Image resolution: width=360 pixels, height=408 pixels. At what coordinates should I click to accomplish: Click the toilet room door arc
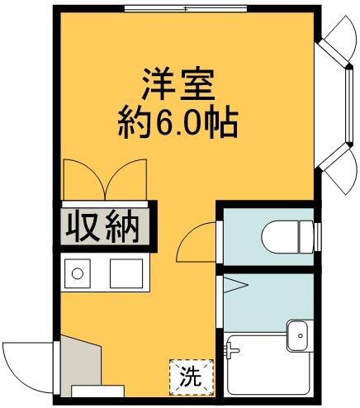[197, 241]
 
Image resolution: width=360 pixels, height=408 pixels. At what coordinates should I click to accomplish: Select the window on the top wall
[187, 9]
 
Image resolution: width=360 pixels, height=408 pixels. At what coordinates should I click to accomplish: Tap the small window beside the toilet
[318, 236]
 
